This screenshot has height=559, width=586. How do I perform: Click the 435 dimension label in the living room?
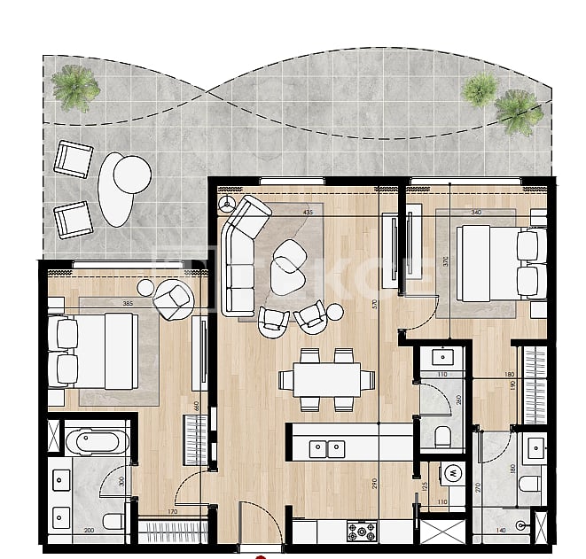308,213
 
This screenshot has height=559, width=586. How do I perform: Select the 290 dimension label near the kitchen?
376,484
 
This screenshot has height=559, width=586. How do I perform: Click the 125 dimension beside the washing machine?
424,485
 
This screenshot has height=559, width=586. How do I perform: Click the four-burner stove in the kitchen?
361,531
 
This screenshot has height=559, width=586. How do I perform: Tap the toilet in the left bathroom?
113,520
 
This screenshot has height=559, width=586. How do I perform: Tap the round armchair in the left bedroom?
174,299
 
